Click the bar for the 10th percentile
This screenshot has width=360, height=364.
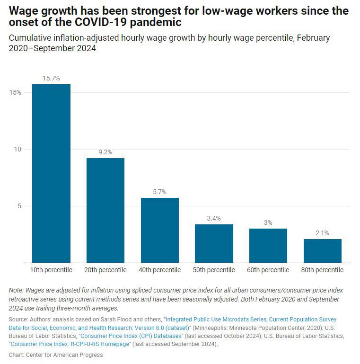(51, 173)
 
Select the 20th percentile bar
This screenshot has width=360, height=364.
(105, 210)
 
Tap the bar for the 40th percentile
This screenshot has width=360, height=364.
(159, 230)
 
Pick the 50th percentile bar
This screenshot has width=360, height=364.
(214, 243)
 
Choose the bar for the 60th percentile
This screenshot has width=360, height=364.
(268, 246)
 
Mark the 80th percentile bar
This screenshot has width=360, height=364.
(322, 250)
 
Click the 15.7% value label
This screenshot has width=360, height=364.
(51, 78)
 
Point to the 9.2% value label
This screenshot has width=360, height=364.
(105, 152)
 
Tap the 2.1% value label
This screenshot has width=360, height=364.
(322, 233)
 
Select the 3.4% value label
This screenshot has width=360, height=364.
(214, 218)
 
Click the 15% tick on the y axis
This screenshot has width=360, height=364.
(15, 92)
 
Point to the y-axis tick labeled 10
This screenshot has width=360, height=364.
(17, 149)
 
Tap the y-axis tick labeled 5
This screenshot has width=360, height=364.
(19, 206)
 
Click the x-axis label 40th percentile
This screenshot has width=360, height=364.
(159, 270)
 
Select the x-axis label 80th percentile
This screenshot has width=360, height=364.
(322, 270)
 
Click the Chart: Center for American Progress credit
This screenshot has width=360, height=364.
(56, 355)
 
